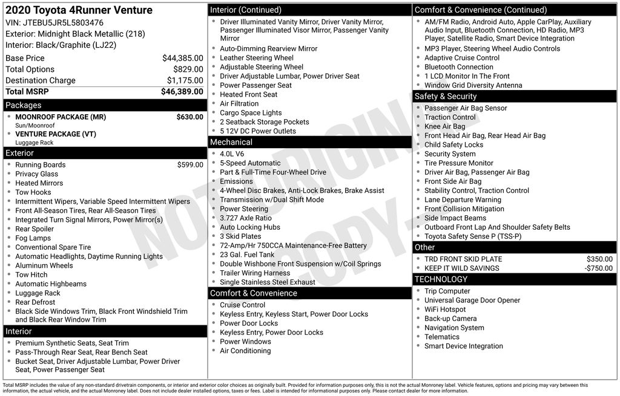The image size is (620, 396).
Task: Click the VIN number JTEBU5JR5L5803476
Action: [62, 23]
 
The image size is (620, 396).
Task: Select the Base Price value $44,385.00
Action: [182, 58]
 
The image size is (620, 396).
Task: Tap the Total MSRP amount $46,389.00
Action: [182, 91]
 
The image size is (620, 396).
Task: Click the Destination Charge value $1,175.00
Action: [185, 80]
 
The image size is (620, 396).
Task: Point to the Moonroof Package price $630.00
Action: [190, 117]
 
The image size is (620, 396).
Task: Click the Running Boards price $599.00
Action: [190, 164]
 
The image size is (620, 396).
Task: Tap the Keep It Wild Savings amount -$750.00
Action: [598, 268]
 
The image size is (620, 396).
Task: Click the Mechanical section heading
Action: [231, 142]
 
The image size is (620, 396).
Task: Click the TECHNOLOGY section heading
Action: [441, 279]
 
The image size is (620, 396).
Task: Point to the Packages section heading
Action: [23, 105]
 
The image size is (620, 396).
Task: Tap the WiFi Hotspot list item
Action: [445, 310]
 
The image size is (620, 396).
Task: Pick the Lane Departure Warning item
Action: [463, 200]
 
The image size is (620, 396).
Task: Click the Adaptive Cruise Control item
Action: [462, 58]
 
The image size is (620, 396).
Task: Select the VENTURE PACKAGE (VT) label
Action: [56, 134]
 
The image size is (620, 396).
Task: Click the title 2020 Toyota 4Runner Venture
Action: [79, 10]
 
